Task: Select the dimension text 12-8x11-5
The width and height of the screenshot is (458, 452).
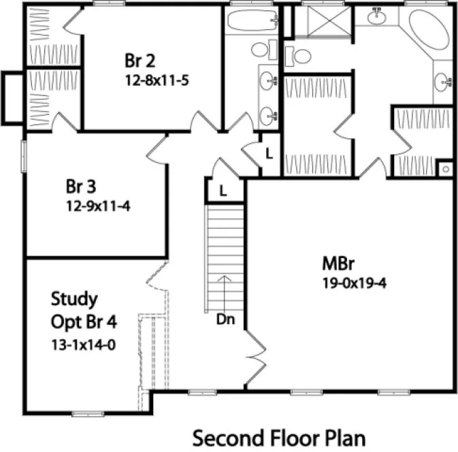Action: pyautogui.click(x=156, y=80)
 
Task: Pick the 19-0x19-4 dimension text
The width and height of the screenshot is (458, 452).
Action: pyautogui.click(x=355, y=283)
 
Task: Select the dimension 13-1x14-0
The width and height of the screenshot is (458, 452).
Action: pyautogui.click(x=83, y=344)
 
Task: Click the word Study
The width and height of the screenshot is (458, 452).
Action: pyautogui.click(x=73, y=299)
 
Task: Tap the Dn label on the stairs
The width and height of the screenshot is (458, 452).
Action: pyautogui.click(x=226, y=319)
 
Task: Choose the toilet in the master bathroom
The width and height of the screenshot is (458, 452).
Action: pyautogui.click(x=293, y=54)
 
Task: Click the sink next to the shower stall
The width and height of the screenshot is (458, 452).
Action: pyautogui.click(x=376, y=15)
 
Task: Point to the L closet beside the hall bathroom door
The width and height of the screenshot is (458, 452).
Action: pyautogui.click(x=269, y=153)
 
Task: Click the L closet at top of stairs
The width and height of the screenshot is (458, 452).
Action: pyautogui.click(x=223, y=191)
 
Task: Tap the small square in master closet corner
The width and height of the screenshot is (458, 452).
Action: pyautogui.click(x=445, y=167)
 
